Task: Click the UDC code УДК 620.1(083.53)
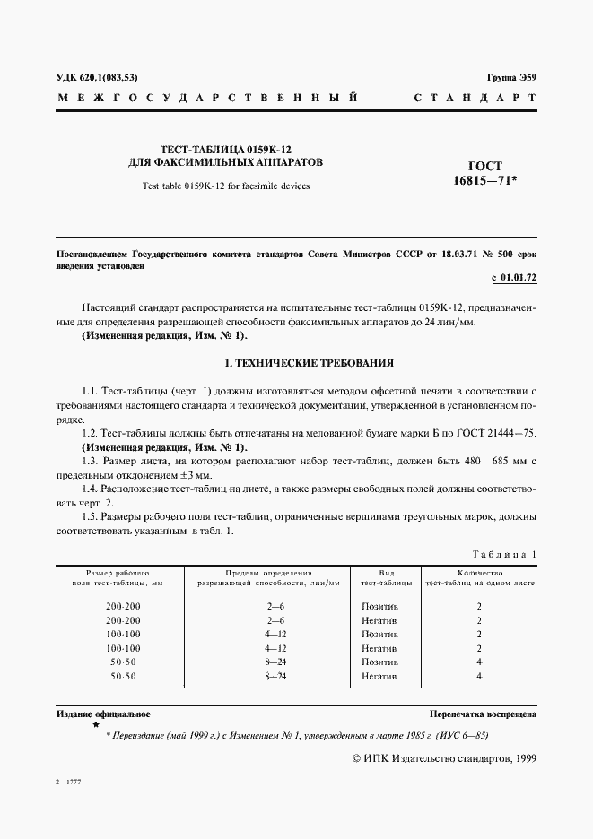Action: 97,77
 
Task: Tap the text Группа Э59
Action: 511,77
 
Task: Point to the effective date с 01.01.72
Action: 514,278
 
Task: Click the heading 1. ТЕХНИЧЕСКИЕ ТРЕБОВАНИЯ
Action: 296,363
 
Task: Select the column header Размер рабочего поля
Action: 118,576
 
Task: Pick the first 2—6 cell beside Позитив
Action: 275,606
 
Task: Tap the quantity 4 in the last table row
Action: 479,675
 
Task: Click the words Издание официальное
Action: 103,714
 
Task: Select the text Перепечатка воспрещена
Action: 483,714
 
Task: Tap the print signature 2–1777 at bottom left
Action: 68,783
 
